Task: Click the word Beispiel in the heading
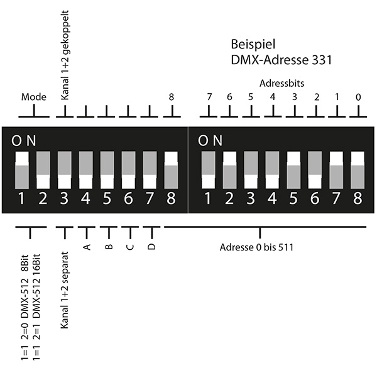coord(250,46)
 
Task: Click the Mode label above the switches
coord(34,98)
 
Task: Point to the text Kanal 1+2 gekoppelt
coord(65,55)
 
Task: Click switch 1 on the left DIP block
coord(23,169)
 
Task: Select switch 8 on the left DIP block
coord(171,169)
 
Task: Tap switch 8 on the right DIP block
coord(358,169)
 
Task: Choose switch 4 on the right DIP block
coord(272,169)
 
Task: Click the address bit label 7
coord(209,97)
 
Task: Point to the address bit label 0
coord(358,97)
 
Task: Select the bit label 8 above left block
coord(171,97)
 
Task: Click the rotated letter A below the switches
coord(87,247)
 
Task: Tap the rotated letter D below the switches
coord(151,247)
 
